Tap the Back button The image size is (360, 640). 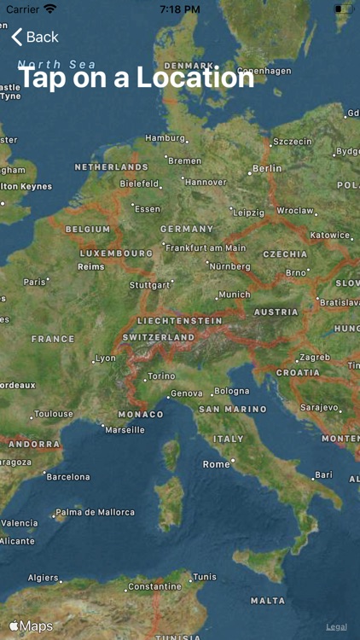pyautogui.click(x=35, y=37)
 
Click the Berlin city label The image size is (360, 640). pyautogui.click(x=266, y=168)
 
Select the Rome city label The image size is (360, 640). pyautogui.click(x=217, y=464)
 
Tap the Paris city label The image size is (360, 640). pyautogui.click(x=35, y=282)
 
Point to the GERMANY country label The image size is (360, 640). pyautogui.click(x=187, y=229)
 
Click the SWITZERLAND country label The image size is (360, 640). pyautogui.click(x=159, y=337)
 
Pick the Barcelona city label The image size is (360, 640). pyautogui.click(x=67, y=477)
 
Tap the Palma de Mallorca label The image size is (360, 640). pyautogui.click(x=96, y=513)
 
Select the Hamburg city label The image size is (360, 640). pyautogui.click(x=165, y=137)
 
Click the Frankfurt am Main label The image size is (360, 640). pyautogui.click(x=206, y=248)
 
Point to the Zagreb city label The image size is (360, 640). pyautogui.click(x=315, y=357)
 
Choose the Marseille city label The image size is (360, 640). pyautogui.click(x=125, y=430)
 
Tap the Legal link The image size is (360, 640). pyautogui.click(x=336, y=626)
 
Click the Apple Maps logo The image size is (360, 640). pyautogui.click(x=31, y=626)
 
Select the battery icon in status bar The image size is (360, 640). pyautogui.click(x=342, y=9)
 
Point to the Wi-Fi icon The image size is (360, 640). pyautogui.click(x=50, y=9)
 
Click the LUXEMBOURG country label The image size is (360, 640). pyautogui.click(x=116, y=253)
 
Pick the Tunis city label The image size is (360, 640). pyautogui.click(x=205, y=577)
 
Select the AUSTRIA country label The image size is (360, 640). pyautogui.click(x=276, y=312)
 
